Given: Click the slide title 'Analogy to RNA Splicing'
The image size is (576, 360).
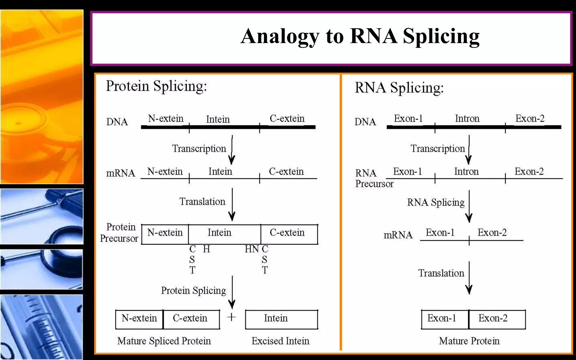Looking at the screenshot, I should [360, 37].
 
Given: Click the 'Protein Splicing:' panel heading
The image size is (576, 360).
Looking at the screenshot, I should [156, 86].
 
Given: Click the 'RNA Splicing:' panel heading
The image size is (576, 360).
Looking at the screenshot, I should [399, 88].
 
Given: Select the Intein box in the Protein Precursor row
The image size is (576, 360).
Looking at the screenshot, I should [224, 234].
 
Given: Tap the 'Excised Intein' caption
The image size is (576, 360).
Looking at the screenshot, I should [280, 341].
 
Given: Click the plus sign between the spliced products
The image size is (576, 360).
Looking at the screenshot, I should [231, 317].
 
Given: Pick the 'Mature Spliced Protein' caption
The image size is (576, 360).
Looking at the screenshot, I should [164, 341].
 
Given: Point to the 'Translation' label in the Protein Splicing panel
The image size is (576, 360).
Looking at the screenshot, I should [202, 202].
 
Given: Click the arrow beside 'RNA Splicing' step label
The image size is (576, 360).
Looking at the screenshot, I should [469, 207].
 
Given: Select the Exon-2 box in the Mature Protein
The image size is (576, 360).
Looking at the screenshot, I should [497, 319].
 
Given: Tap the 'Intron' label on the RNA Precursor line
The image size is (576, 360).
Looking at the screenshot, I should [466, 172].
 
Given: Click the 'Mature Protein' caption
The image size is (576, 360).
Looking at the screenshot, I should [469, 341].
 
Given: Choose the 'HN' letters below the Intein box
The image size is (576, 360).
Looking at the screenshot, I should [252, 249].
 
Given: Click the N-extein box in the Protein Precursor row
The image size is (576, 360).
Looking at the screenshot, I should [165, 234].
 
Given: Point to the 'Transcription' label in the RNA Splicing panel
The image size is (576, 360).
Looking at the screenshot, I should [438, 148].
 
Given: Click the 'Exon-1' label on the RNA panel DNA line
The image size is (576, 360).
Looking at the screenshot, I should [408, 119].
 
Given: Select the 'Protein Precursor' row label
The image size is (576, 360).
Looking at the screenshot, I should [119, 233].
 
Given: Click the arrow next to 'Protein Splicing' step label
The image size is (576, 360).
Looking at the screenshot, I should [232, 292].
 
